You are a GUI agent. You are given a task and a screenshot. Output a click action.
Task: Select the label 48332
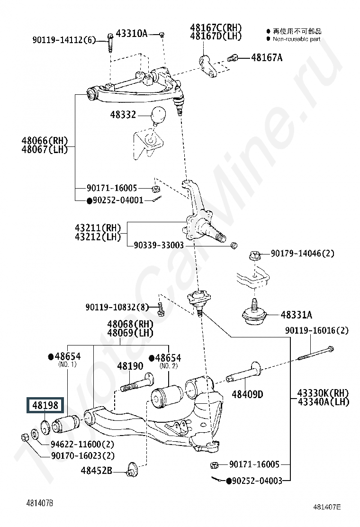click(123, 115)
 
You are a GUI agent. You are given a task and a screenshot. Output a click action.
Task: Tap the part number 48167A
click(266, 58)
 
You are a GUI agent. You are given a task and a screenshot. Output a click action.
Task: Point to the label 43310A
click(132, 34)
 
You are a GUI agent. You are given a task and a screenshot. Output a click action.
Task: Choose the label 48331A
click(297, 314)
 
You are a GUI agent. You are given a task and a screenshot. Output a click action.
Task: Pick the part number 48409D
click(247, 393)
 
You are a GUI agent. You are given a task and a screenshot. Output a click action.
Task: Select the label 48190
click(130, 366)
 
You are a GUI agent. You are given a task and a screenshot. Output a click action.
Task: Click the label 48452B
click(96, 471)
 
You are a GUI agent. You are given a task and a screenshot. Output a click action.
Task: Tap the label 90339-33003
click(159, 245)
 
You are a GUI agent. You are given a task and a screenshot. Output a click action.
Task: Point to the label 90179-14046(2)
click(302, 254)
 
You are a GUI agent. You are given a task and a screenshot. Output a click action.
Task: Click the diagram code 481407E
click(326, 507)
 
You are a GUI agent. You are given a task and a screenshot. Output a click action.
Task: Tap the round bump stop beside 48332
click(158, 115)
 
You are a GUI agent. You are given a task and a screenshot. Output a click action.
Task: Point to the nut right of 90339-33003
click(233, 245)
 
